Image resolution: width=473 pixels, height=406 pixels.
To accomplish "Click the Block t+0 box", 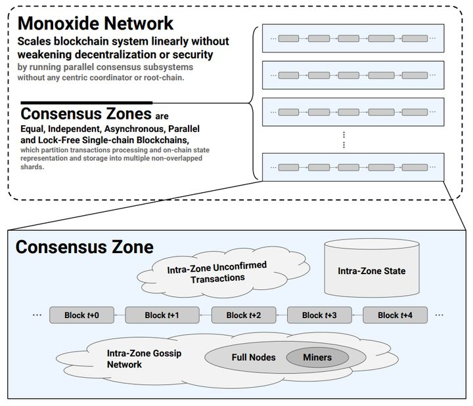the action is click(x=81, y=315).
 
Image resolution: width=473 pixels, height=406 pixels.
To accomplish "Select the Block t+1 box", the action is click(x=162, y=315).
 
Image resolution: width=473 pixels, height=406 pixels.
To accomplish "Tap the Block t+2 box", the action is click(x=244, y=315).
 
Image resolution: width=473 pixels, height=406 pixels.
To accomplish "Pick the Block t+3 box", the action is click(x=319, y=315).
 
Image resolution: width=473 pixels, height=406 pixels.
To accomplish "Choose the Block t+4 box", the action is click(x=395, y=315).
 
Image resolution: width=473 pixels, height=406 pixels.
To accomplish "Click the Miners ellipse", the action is click(x=317, y=357).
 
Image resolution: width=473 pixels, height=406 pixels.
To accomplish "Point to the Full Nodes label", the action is click(x=254, y=357).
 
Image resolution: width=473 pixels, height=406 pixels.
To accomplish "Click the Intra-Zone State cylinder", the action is click(x=372, y=268).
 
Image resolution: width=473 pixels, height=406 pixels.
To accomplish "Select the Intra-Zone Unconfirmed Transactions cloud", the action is click(x=223, y=272).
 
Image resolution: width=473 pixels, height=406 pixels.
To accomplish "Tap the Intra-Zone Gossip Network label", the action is click(x=144, y=359).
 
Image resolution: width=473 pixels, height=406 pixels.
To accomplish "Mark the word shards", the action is click(x=32, y=167).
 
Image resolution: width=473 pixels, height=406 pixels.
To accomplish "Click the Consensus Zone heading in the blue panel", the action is click(x=85, y=247).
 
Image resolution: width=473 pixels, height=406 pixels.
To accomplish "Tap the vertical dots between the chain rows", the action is click(x=344, y=140).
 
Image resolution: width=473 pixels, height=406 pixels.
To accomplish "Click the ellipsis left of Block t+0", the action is click(x=37, y=315).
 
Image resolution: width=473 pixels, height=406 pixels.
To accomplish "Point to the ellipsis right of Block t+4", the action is click(x=439, y=315).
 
